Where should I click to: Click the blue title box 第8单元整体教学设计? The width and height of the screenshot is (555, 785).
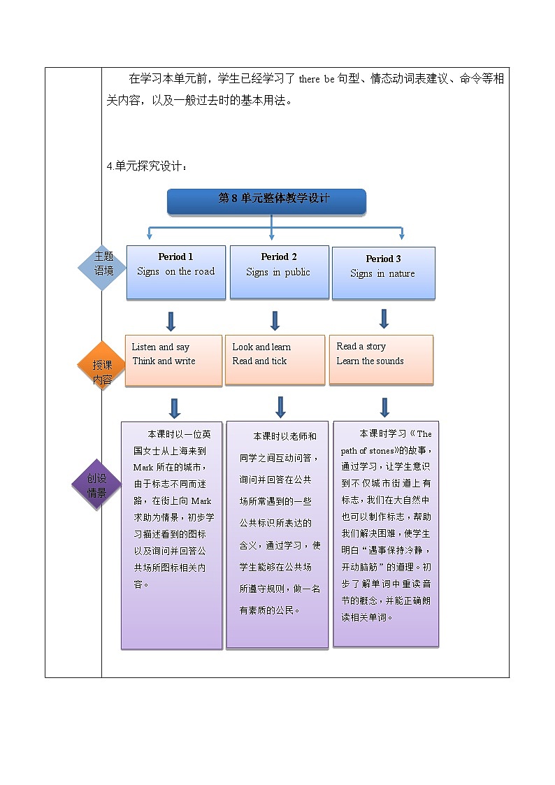click(x=266, y=201)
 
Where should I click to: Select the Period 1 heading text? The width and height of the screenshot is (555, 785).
click(x=175, y=257)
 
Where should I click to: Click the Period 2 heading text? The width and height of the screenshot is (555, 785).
click(x=279, y=257)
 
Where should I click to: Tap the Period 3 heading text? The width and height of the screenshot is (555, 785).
click(x=383, y=259)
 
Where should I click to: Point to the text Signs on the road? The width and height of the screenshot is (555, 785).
click(x=175, y=272)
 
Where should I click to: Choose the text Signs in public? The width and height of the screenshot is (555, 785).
click(x=278, y=272)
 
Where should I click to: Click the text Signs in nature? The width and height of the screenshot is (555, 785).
click(x=382, y=274)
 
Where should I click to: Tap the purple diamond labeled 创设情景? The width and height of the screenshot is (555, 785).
click(x=97, y=485)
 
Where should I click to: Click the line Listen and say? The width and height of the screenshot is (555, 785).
click(x=160, y=347)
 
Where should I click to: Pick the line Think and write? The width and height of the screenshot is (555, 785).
click(x=164, y=361)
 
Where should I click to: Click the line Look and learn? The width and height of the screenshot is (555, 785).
click(x=261, y=347)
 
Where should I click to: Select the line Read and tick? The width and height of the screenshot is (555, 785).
click(x=259, y=361)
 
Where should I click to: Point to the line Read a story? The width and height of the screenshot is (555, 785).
click(x=361, y=347)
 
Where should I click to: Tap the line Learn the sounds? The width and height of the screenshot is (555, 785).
click(x=370, y=361)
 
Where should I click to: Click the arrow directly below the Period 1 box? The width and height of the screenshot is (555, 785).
click(x=171, y=322)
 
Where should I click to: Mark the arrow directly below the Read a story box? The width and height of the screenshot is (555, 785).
click(x=384, y=407)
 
